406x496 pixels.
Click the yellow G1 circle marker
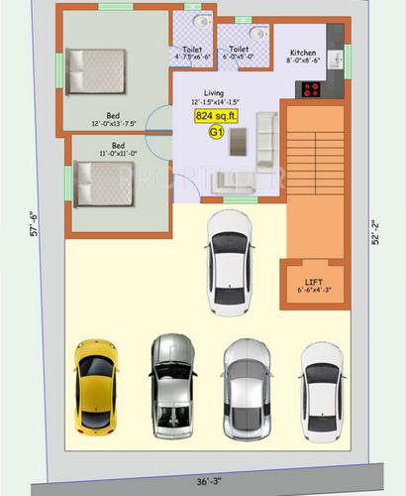pos(216,130)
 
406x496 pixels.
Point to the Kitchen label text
pos(302,53)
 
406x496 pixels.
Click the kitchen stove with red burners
pos(312,88)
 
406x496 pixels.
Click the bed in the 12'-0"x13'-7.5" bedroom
pos(97,69)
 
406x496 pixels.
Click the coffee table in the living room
pos(239,146)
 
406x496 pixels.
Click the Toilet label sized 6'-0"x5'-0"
pos(239,53)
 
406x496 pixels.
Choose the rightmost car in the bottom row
pos(323,389)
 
